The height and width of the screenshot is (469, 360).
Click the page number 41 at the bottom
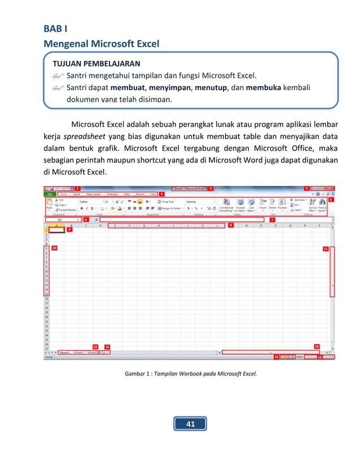190,423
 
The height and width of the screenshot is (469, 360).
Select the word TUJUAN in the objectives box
69,63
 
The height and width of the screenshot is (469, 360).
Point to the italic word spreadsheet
83,137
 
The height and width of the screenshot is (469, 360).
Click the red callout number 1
77,188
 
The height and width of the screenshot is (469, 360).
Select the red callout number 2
162,194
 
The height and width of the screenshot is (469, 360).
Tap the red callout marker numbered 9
85,230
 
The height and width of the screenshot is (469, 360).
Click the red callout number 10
54,248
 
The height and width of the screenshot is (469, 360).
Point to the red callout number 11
326,248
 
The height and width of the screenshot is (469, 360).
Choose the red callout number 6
86,219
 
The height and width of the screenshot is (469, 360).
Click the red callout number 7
273,220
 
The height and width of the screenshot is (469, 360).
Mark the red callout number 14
317,346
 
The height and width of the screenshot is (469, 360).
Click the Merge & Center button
171,208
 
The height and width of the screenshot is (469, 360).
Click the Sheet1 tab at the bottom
65,352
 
